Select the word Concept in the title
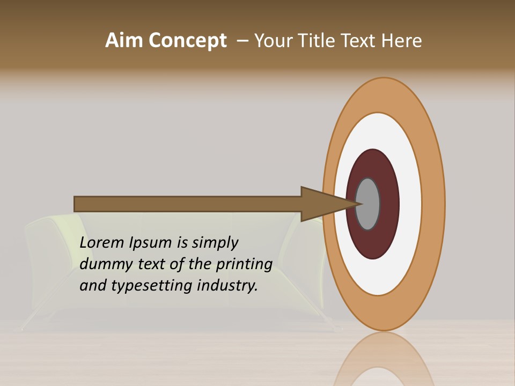(x=188, y=41)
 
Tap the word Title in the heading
(x=317, y=41)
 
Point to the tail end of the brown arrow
(x=78, y=204)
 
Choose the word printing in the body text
(x=244, y=264)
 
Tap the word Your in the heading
(x=273, y=41)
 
